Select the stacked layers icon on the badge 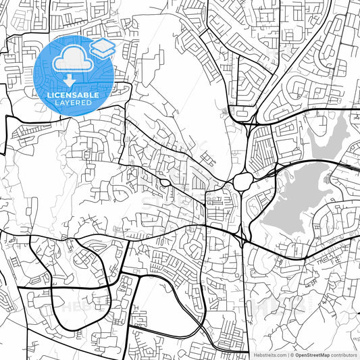[103, 48]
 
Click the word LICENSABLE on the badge [73, 95]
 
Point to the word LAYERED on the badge [73, 103]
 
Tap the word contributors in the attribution [344, 354]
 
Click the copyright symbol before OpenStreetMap [292, 354]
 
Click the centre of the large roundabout [242, 181]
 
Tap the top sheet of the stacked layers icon [103, 44]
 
